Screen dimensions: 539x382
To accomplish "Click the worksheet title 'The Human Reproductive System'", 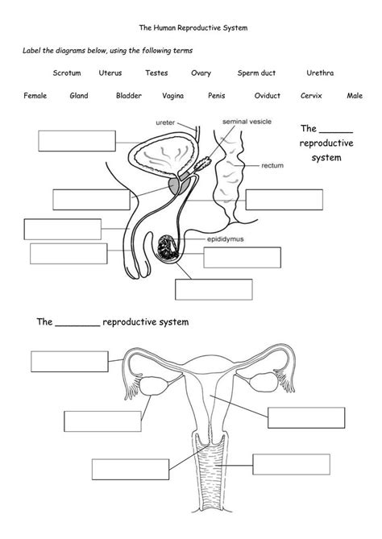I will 191,27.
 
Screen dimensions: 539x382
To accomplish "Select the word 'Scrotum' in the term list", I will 67,73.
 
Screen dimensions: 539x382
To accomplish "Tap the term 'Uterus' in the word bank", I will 110,73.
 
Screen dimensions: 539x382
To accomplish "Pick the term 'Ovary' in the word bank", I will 201,73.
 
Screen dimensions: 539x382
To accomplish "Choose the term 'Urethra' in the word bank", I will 320,73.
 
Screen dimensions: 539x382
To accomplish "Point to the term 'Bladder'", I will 128,96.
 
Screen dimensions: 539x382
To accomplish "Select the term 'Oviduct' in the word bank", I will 267,96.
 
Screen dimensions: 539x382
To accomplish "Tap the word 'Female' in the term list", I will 35,96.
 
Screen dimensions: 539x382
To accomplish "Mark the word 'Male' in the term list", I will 354,96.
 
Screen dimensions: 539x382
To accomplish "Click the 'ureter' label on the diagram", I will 165,122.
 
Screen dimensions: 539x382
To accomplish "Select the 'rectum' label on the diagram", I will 272,166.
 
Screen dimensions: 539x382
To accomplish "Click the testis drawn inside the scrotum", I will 170,247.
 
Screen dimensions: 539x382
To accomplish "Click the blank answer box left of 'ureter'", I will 77,140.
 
